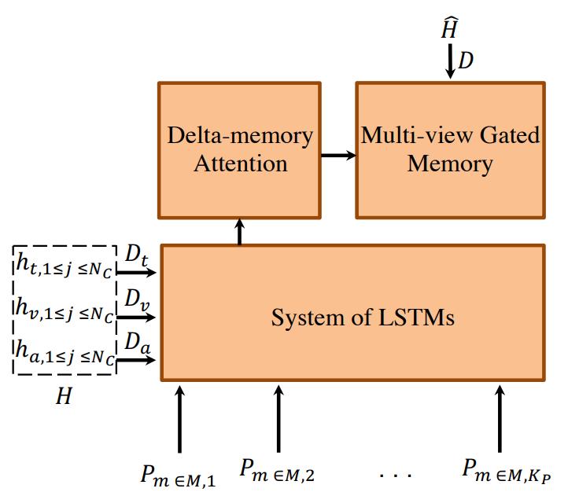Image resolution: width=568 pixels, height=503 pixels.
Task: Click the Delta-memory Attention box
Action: click(x=239, y=149)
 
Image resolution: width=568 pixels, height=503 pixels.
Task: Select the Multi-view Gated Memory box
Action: click(x=450, y=149)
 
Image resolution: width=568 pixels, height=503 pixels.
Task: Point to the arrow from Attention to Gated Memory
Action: click(x=337, y=154)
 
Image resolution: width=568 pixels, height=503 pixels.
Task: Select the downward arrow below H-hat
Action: click(x=450, y=62)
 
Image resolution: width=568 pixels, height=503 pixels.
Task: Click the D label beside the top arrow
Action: click(x=467, y=60)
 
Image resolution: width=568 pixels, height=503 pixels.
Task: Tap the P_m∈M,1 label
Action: click(x=179, y=474)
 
